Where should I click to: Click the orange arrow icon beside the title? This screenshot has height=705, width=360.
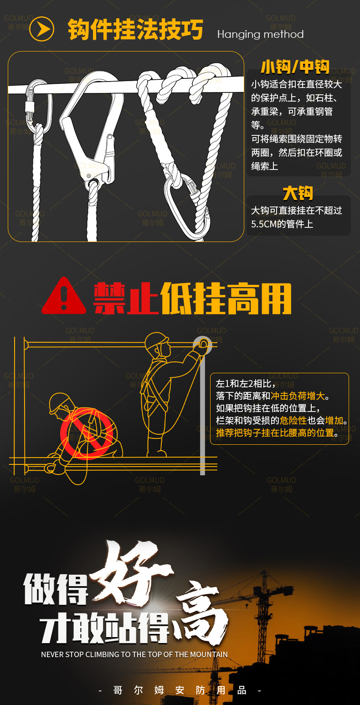coord(42,30)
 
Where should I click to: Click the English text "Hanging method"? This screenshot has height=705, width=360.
coord(260,34)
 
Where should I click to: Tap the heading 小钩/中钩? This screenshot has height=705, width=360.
coord(295,67)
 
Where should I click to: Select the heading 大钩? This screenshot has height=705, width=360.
coord(298,193)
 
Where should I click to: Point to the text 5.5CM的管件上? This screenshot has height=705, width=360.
coord(282,224)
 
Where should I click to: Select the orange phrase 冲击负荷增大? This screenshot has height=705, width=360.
coord(300,396)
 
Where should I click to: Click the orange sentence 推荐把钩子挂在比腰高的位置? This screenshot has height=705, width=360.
coord(275,432)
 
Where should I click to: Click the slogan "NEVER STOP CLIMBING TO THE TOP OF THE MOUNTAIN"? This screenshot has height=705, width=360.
coord(134,654)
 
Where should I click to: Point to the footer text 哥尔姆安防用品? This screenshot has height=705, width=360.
coord(180,690)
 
